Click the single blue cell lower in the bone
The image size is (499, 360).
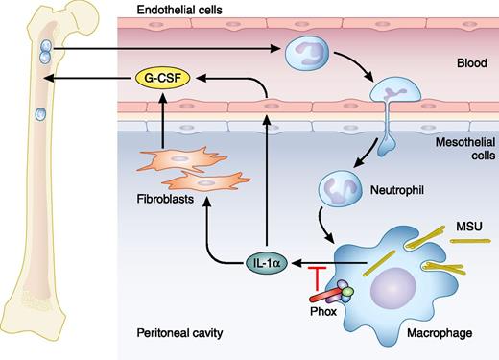pyautogui.click(x=40, y=115)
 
